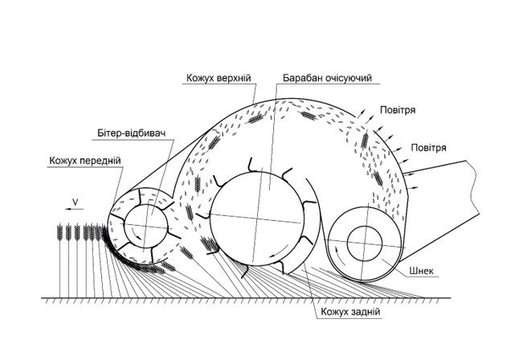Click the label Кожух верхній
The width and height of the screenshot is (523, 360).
point(219,78)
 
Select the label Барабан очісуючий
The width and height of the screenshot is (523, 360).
point(327,78)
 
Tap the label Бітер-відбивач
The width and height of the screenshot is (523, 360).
point(132,133)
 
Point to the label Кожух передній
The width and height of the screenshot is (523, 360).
point(84,161)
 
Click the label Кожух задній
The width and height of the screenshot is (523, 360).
point(350,312)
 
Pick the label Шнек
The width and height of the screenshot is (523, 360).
point(422,271)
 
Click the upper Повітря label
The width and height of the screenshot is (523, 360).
point(398,110)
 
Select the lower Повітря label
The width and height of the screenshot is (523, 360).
point(429,148)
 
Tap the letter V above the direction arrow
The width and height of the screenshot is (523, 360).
point(76,202)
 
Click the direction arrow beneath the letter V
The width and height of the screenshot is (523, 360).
point(75,209)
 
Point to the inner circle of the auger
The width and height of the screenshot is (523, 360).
point(365,243)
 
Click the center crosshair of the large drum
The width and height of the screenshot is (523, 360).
point(257,219)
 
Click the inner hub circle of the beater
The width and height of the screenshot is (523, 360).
point(145,227)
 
